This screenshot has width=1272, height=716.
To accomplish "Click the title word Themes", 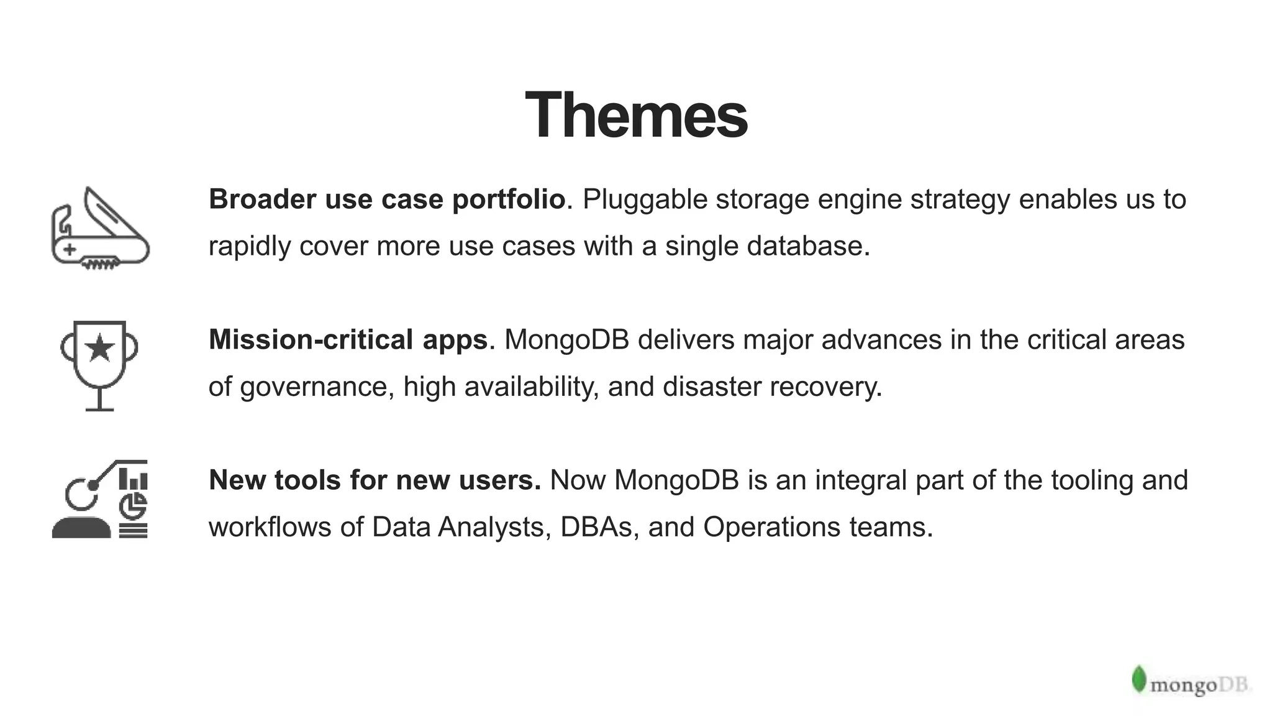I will pos(636,116).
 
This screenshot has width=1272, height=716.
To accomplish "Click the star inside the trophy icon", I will pos(99,348).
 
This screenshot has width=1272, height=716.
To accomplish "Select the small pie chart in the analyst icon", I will pos(133,506).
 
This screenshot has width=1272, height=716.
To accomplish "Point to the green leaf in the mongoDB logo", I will pos(1138,679).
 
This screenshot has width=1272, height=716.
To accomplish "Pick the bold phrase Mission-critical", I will pos(311,340).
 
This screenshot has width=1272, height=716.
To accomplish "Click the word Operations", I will pos(771,527).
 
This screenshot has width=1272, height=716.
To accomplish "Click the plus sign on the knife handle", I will pos(70,250).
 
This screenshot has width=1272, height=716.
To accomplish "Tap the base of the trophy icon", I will pos(99,408).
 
